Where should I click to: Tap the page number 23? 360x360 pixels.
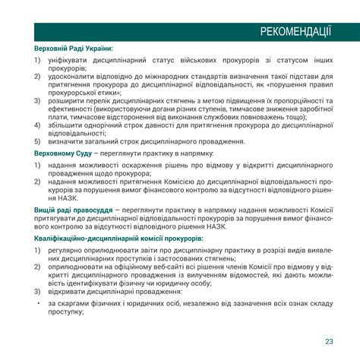[x=328, y=339]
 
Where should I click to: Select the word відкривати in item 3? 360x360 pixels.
[x=70, y=292]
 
